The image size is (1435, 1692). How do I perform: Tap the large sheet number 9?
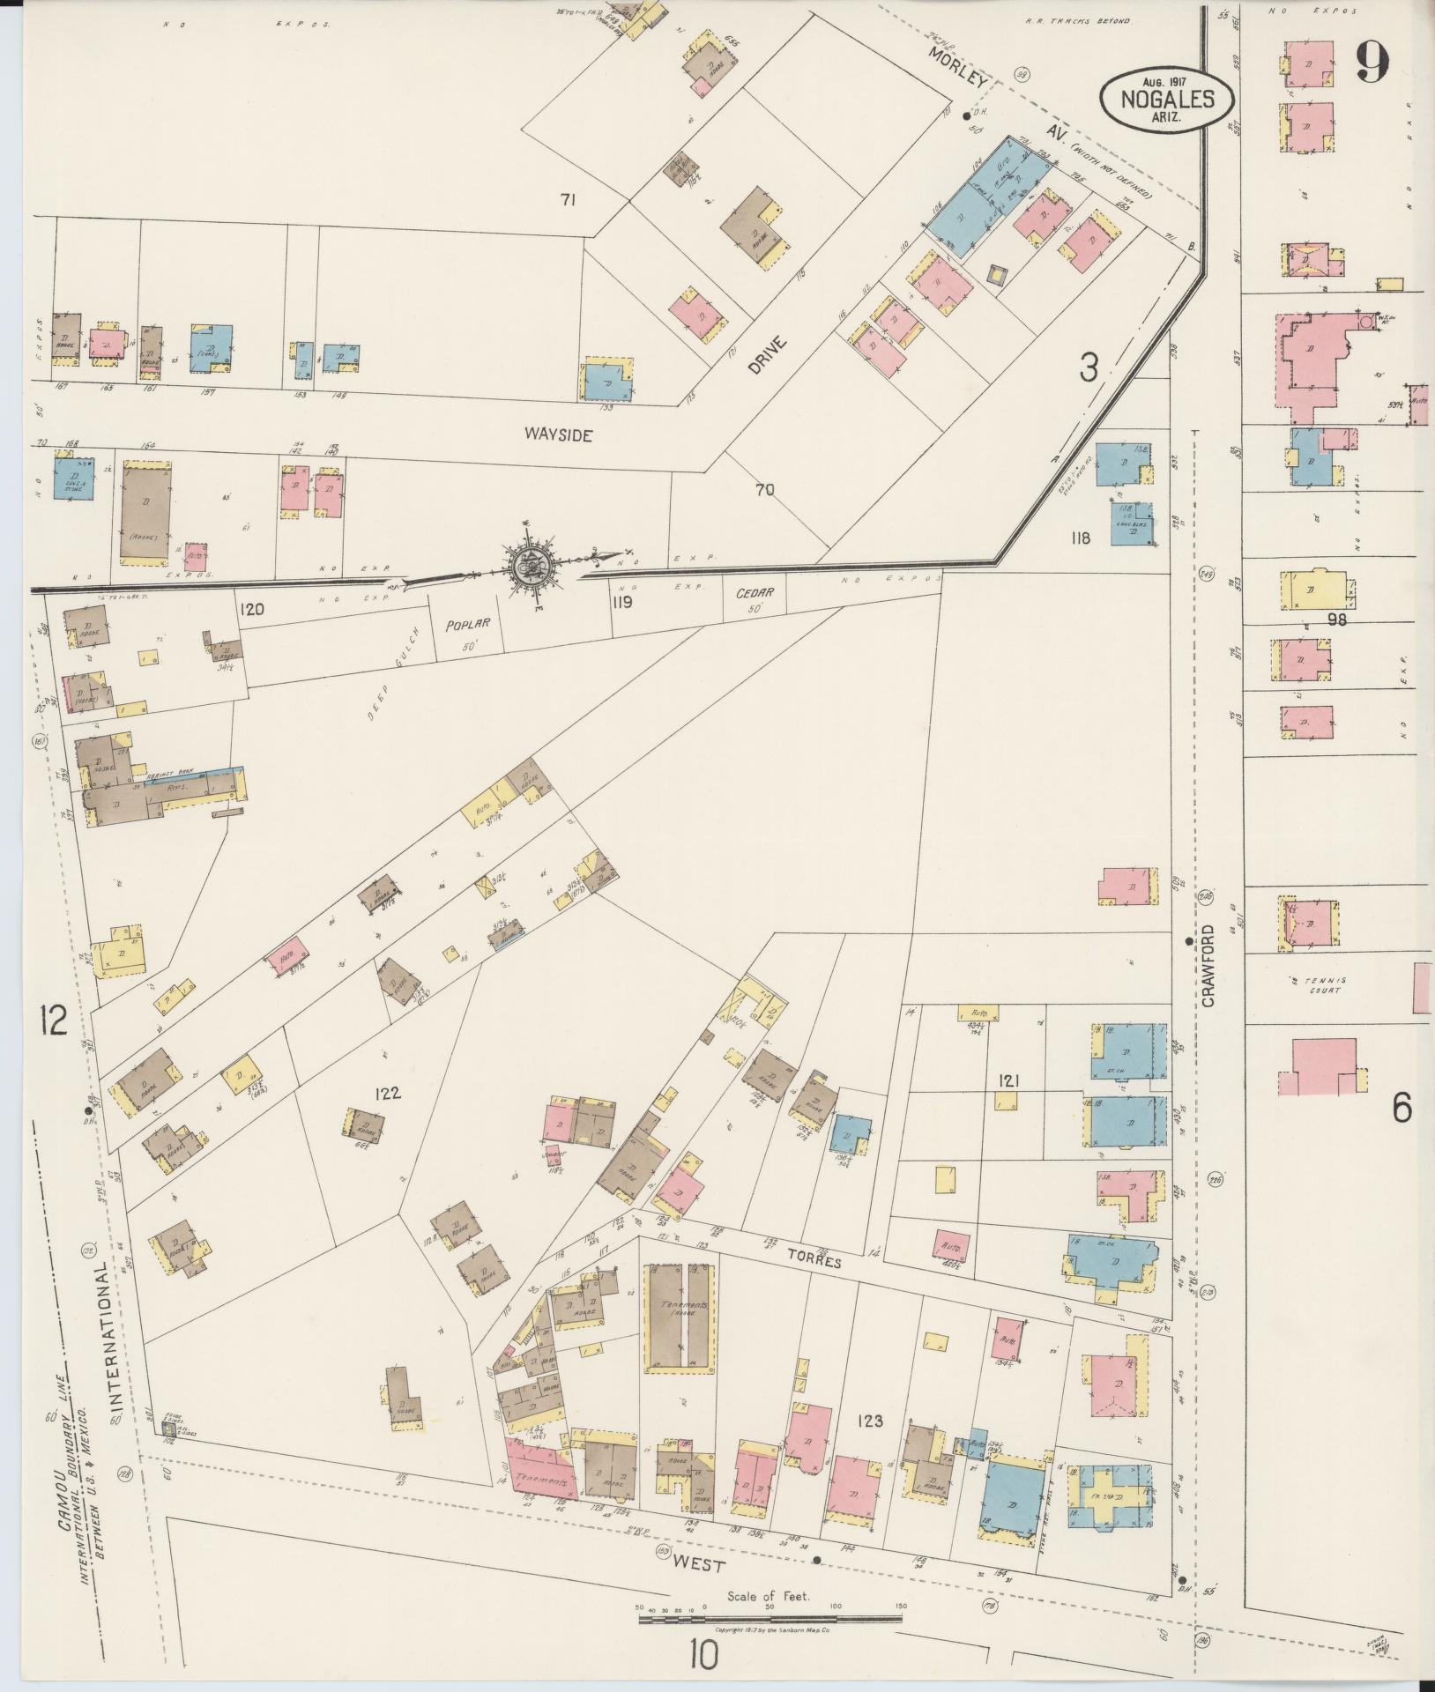[x=1372, y=61]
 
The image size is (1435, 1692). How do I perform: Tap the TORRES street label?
[x=825, y=1262]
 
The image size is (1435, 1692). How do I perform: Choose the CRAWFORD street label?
[x=1207, y=965]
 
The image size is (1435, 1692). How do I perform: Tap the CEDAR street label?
[x=755, y=592]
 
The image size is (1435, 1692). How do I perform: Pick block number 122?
[x=387, y=1094]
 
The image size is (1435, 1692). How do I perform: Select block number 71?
[x=567, y=201]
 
